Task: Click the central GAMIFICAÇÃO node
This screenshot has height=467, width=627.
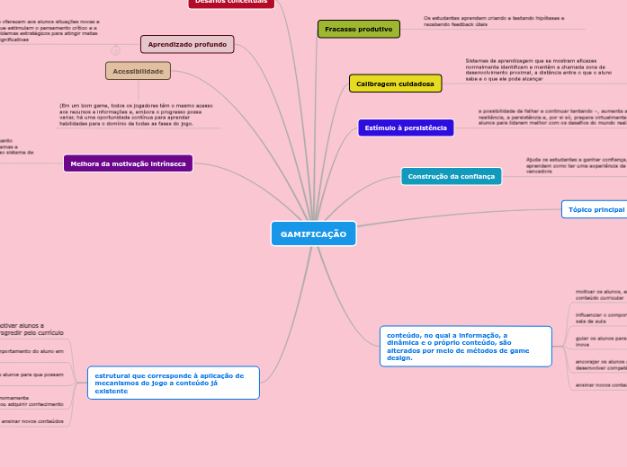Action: click(313, 233)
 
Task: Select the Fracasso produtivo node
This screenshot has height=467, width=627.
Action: click(358, 29)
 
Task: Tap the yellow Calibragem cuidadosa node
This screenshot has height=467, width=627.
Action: click(395, 84)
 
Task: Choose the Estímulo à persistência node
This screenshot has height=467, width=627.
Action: click(406, 128)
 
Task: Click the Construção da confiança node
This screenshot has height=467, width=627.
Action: click(451, 176)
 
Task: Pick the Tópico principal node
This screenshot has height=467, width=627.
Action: click(595, 209)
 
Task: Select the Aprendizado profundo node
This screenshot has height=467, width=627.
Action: click(187, 44)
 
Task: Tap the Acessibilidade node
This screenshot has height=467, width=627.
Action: click(138, 71)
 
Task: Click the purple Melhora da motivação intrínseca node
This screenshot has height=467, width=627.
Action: click(128, 163)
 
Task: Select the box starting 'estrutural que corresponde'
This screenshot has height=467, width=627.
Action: click(173, 383)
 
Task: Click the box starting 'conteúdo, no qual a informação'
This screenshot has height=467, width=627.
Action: click(465, 347)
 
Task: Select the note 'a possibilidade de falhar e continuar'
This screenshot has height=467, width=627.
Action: click(549, 120)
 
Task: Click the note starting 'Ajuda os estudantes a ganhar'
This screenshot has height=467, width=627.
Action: click(576, 164)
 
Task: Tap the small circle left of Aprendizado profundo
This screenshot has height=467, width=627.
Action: click(115, 50)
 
